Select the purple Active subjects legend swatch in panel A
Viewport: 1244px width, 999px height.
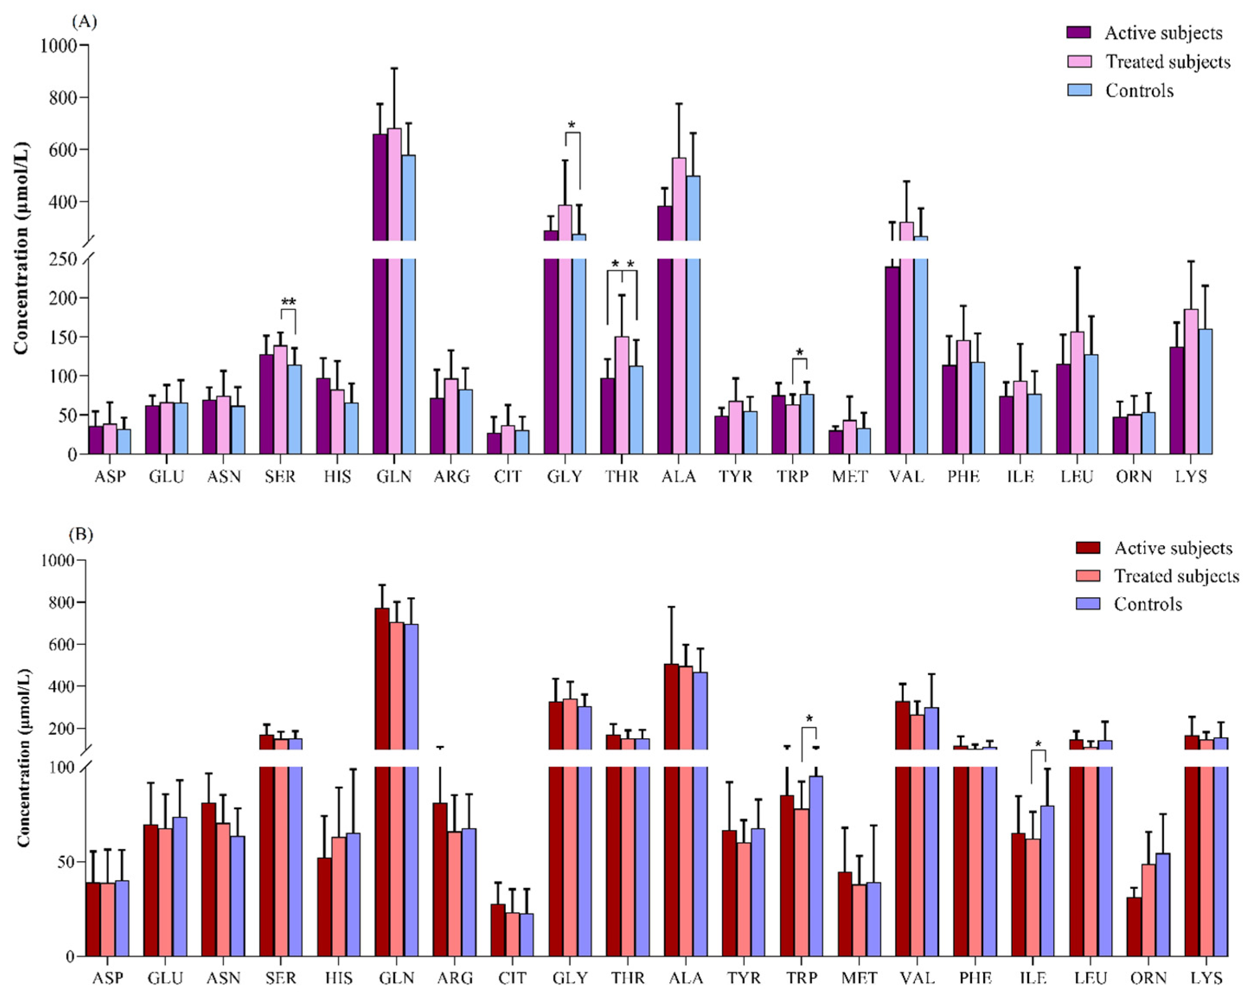(1078, 32)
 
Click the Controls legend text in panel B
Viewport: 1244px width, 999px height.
(1148, 604)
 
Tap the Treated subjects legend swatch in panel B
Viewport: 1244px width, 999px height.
(1087, 575)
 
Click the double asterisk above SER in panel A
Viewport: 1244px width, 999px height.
(288, 301)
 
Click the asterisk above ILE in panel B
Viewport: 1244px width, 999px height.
(1039, 744)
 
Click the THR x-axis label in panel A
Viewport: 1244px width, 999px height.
(621, 477)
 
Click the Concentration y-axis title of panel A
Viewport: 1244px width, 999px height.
(21, 248)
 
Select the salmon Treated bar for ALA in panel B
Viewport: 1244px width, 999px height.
(685, 808)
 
